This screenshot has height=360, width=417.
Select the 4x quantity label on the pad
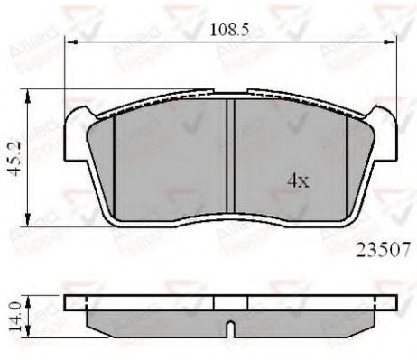click(x=298, y=180)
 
